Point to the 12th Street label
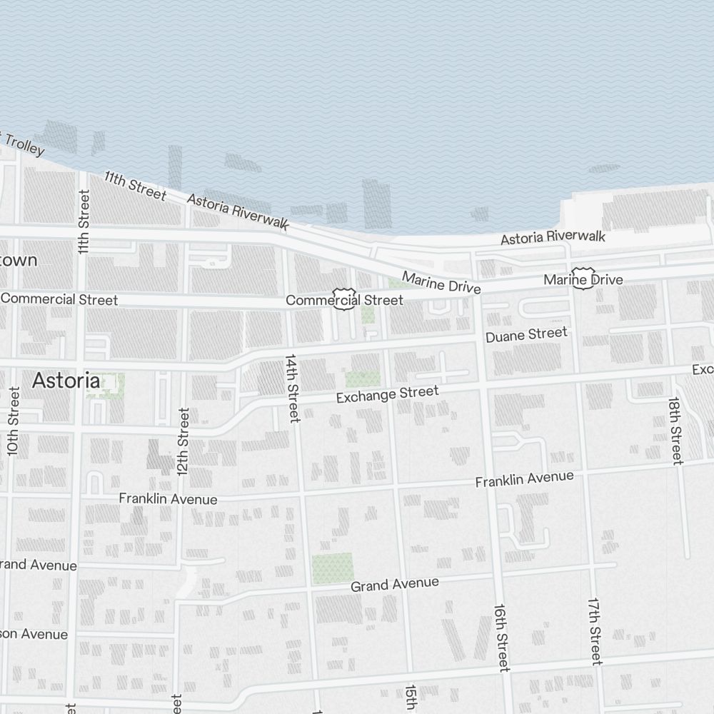click(x=183, y=442)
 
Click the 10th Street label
click(x=13, y=421)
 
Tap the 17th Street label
click(x=595, y=631)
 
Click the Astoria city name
click(x=66, y=381)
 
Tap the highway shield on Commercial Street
click(x=344, y=298)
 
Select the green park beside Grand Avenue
click(x=332, y=568)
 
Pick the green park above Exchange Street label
click(x=363, y=379)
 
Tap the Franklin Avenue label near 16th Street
click(x=524, y=480)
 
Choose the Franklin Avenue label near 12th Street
click(x=168, y=498)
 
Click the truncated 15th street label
click(x=411, y=698)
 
